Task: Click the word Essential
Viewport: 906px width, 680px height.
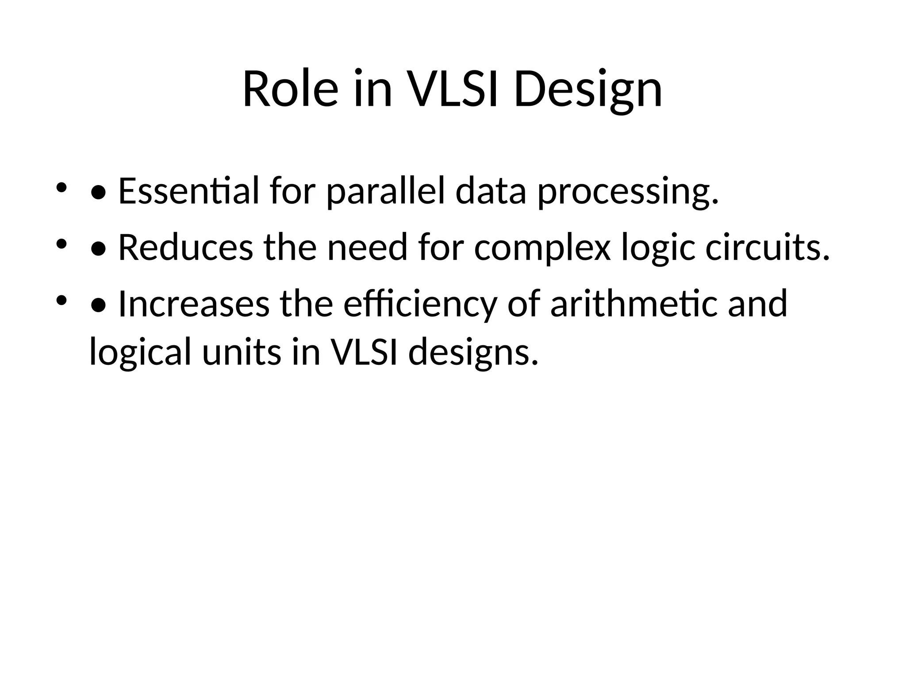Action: (188, 191)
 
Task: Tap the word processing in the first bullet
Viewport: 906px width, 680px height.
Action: (628, 191)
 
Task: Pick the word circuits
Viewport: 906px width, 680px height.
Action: (767, 247)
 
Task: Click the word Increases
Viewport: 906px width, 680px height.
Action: (194, 304)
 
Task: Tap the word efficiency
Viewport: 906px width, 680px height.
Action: (420, 304)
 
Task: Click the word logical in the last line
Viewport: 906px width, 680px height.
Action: (140, 352)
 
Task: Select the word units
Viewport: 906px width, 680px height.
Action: (242, 352)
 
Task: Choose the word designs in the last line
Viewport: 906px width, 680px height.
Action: (473, 352)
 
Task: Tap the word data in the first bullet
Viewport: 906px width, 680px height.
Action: (491, 191)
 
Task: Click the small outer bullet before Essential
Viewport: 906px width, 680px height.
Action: (61, 187)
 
